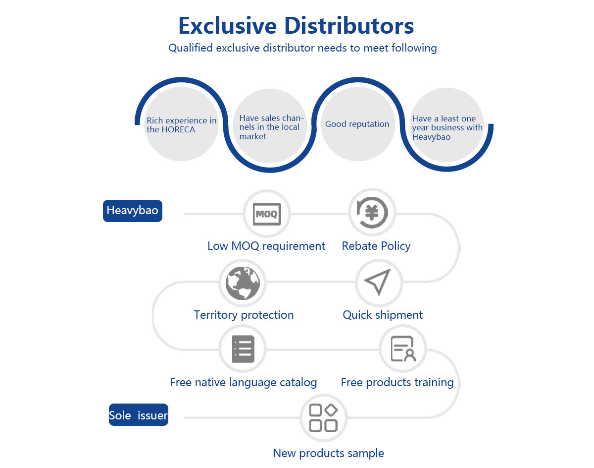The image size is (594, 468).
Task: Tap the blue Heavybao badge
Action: click(x=133, y=211)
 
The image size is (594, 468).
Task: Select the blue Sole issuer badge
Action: click(x=139, y=415)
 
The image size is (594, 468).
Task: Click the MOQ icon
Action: click(x=267, y=214)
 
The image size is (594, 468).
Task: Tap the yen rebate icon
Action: click(x=372, y=212)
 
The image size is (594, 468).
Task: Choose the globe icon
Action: click(x=243, y=283)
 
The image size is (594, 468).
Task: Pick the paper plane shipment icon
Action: click(x=378, y=283)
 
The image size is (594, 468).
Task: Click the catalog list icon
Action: click(x=243, y=349)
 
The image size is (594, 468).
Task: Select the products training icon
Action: click(x=402, y=349)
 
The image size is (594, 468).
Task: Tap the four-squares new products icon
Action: click(x=323, y=417)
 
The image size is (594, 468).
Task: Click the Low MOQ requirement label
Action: click(x=266, y=246)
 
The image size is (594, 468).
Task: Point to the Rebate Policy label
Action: click(x=376, y=246)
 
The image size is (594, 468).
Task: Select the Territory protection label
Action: click(x=244, y=315)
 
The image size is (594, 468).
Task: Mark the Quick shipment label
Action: click(x=383, y=315)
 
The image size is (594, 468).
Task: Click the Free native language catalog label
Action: click(x=243, y=382)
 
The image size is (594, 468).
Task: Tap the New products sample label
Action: click(x=328, y=453)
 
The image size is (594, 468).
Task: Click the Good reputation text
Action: click(x=357, y=124)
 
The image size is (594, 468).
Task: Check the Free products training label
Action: click(x=397, y=382)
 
